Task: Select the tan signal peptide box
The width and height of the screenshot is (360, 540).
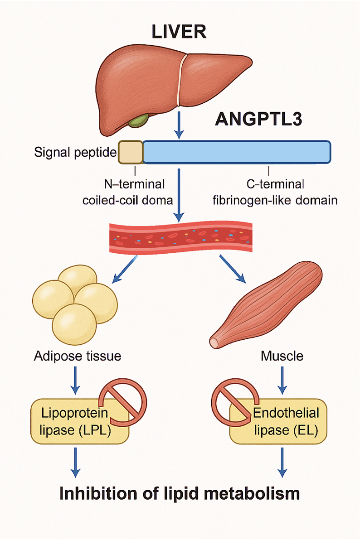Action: click(131, 152)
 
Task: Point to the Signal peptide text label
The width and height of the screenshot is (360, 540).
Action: click(75, 153)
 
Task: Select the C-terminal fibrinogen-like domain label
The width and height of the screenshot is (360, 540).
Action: click(275, 193)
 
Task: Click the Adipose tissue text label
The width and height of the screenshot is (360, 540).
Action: click(78, 356)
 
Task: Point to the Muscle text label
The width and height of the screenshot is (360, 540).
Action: click(282, 356)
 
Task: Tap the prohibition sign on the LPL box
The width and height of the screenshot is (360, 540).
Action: click(122, 397)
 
